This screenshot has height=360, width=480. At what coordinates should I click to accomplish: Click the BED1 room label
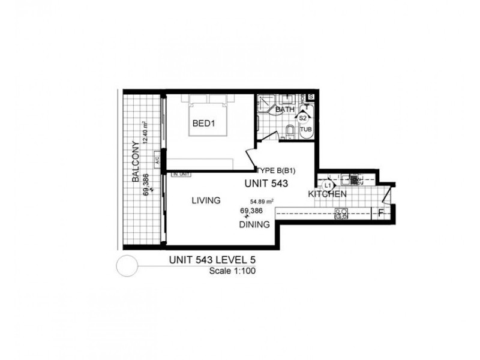pyautogui.click(x=203, y=124)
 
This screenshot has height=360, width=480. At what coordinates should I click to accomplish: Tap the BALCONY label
pyautogui.click(x=137, y=162)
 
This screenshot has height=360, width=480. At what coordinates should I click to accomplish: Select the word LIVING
pyautogui.click(x=206, y=200)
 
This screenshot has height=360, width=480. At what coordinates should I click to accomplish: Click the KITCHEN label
pyautogui.click(x=327, y=194)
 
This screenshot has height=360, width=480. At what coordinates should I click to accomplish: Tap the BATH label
pyautogui.click(x=285, y=110)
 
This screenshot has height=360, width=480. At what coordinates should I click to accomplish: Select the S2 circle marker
pyautogui.click(x=304, y=119)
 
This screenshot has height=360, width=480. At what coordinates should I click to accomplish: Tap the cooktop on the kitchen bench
pyautogui.click(x=342, y=212)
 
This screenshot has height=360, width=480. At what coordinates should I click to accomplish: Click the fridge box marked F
pyautogui.click(x=381, y=212)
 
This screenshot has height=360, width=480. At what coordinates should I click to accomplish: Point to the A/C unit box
pyautogui.click(x=157, y=160)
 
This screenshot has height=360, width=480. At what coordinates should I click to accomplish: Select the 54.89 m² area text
pyautogui.click(x=262, y=202)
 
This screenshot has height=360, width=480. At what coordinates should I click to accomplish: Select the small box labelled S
pyautogui.click(x=311, y=97)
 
